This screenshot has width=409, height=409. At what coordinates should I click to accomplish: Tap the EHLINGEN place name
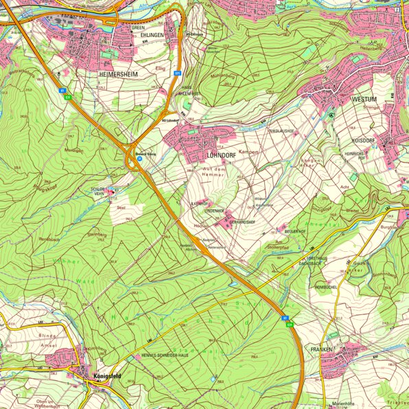(152, 34)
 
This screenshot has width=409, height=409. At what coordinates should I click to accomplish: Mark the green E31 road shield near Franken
(290, 323)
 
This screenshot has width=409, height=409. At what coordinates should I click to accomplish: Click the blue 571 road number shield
(177, 72)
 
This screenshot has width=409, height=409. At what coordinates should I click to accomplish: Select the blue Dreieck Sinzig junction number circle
(139, 159)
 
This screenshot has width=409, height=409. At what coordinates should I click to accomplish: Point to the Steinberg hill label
(96, 234)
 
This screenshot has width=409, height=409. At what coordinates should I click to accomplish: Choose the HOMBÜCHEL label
(325, 286)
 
